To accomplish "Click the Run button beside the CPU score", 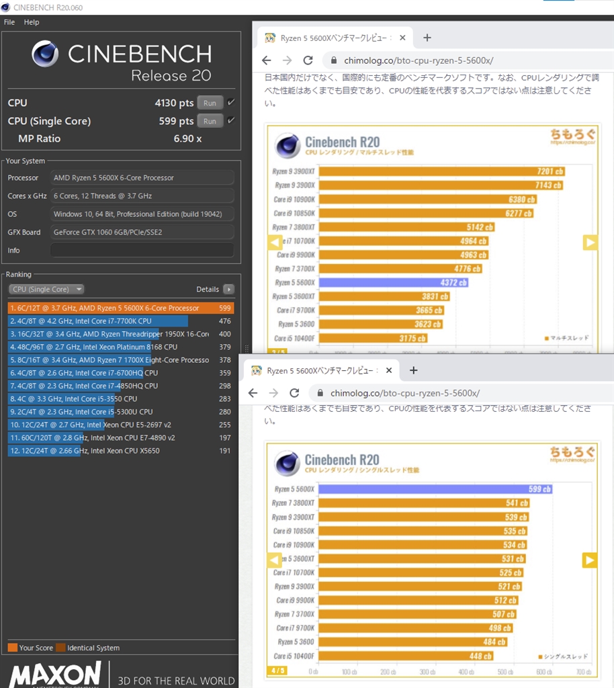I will click(x=210, y=103).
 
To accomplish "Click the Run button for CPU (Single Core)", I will click(x=210, y=121).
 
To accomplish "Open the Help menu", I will click(x=32, y=22).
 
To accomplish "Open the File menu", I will click(x=9, y=22).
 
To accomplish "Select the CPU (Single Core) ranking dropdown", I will click(x=46, y=289).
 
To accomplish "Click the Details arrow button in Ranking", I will click(x=228, y=289).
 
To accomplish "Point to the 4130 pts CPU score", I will click(x=174, y=103).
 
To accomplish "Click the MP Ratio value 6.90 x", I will click(x=187, y=138).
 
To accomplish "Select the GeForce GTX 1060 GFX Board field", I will click(x=142, y=232).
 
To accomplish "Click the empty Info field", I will click(x=142, y=250).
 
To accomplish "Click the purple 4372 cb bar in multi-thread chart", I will click(x=393, y=283).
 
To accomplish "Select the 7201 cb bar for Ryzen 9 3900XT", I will click(x=440, y=171).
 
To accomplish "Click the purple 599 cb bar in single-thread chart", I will click(x=434, y=489).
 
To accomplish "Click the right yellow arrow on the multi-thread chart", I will click(x=590, y=243).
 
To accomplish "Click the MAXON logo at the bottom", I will click(x=55, y=675).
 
